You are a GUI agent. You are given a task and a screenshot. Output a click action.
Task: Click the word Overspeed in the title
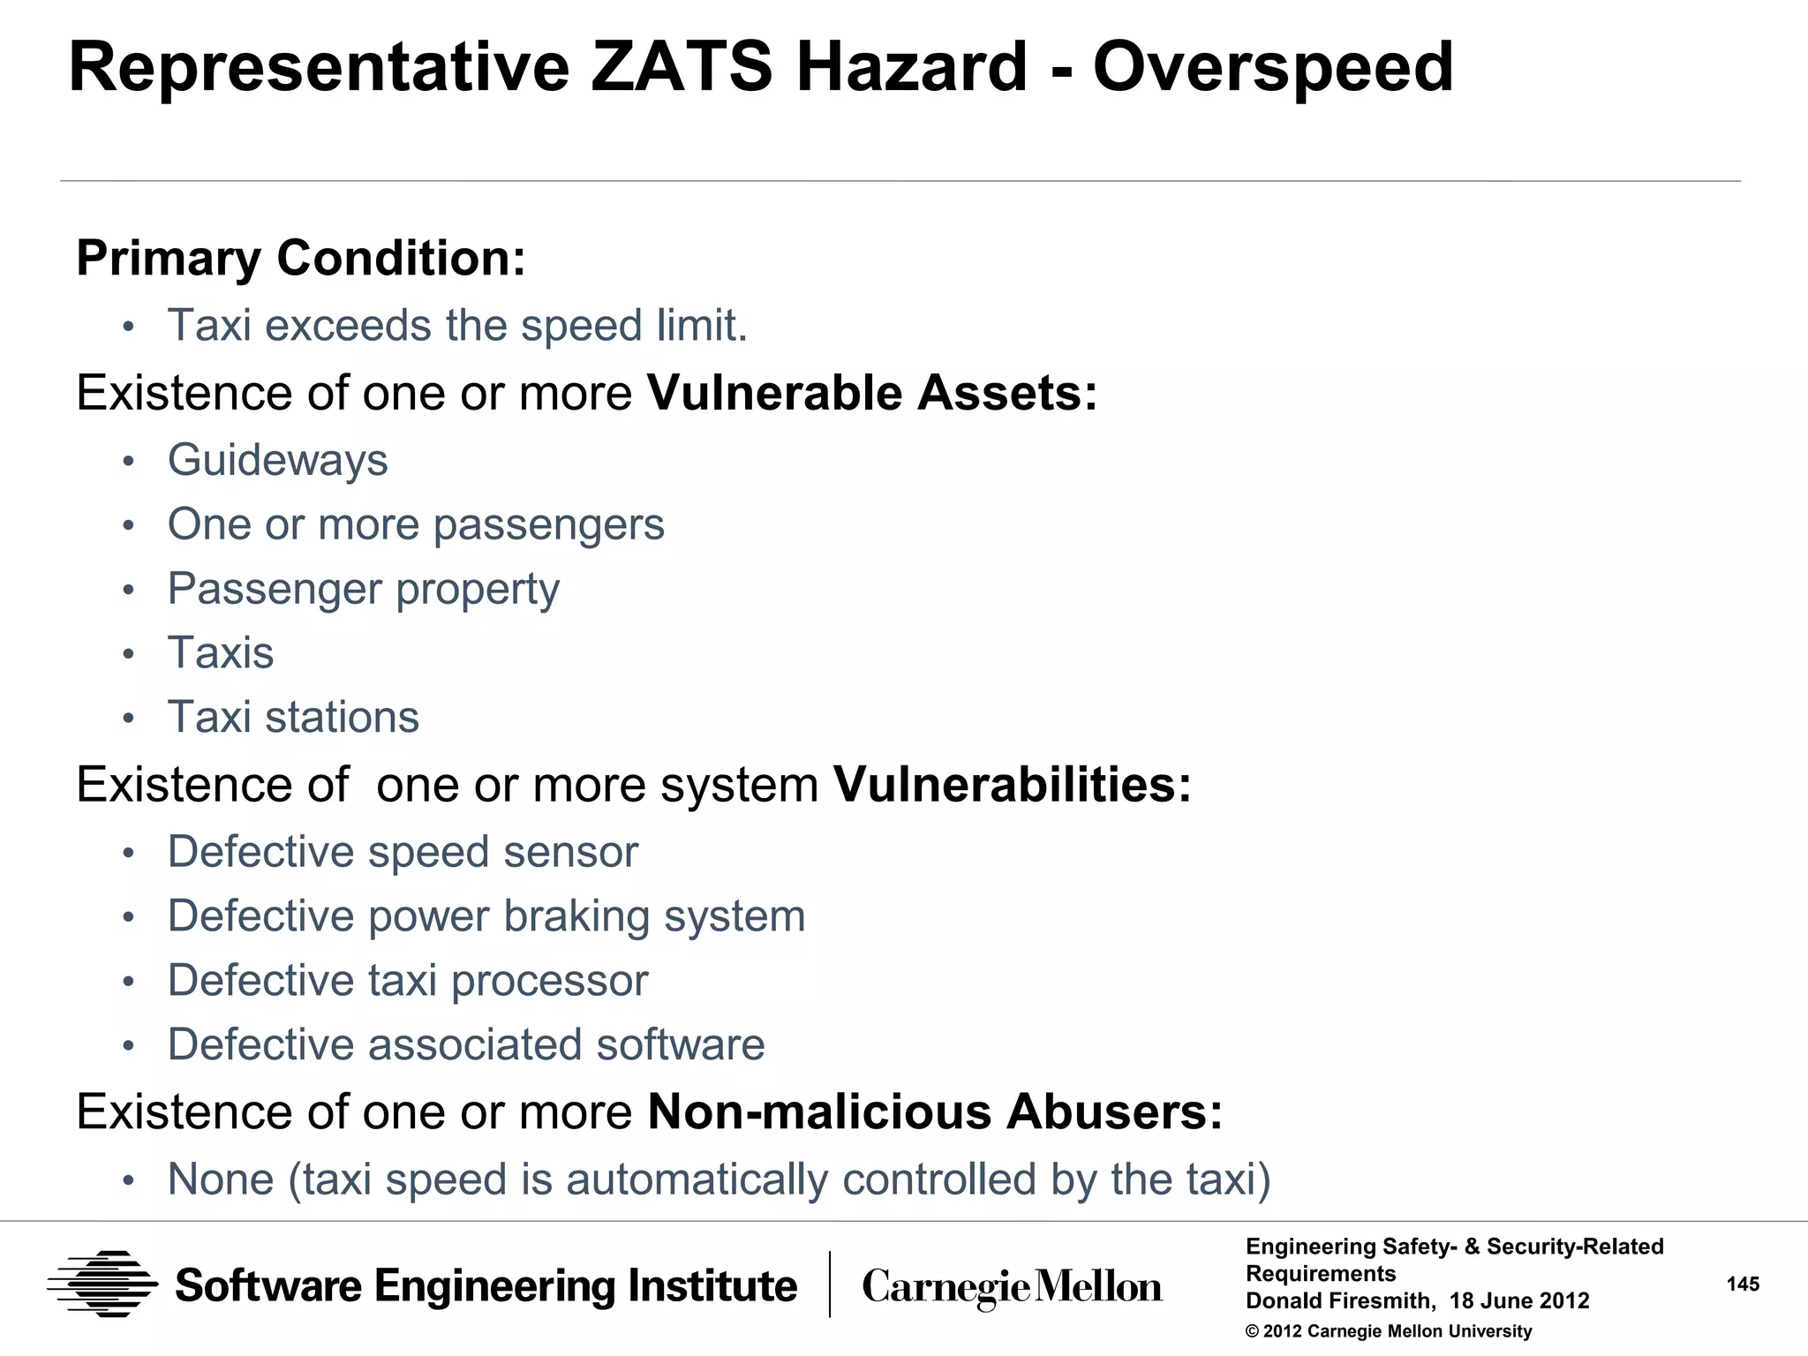click(x=1272, y=68)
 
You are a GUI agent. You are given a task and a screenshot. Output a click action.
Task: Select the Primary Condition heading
click(x=300, y=258)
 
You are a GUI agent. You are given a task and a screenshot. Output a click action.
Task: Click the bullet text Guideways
click(x=277, y=460)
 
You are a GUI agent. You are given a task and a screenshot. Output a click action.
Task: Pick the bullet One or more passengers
click(x=415, y=524)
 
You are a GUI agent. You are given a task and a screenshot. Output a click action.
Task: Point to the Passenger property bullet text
click(x=363, y=589)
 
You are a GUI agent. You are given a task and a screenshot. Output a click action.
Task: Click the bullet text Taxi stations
click(x=293, y=717)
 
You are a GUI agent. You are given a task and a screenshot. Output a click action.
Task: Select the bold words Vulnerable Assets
click(x=871, y=393)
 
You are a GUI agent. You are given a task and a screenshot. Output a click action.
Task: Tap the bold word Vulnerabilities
click(x=1012, y=785)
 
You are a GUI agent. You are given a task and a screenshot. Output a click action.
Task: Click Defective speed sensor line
click(x=402, y=852)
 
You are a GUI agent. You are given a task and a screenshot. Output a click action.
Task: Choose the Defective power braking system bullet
click(x=486, y=916)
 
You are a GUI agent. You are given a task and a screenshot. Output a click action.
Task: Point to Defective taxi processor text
click(x=407, y=981)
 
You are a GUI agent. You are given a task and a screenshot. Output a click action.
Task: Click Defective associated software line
click(x=465, y=1045)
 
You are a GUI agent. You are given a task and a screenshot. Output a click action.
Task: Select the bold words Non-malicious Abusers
click(x=934, y=1111)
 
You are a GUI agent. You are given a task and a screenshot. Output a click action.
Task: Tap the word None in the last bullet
click(x=221, y=1179)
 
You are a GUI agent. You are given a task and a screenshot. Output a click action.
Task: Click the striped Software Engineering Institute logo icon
click(x=103, y=1284)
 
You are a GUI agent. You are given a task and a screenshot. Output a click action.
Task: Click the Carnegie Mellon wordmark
click(x=1012, y=1287)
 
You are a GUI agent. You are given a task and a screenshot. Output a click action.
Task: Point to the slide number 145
click(x=1742, y=1284)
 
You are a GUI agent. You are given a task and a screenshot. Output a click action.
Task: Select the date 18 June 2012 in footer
click(x=1518, y=1300)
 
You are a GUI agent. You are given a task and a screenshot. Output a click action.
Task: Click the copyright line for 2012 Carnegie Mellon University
click(x=1388, y=1331)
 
